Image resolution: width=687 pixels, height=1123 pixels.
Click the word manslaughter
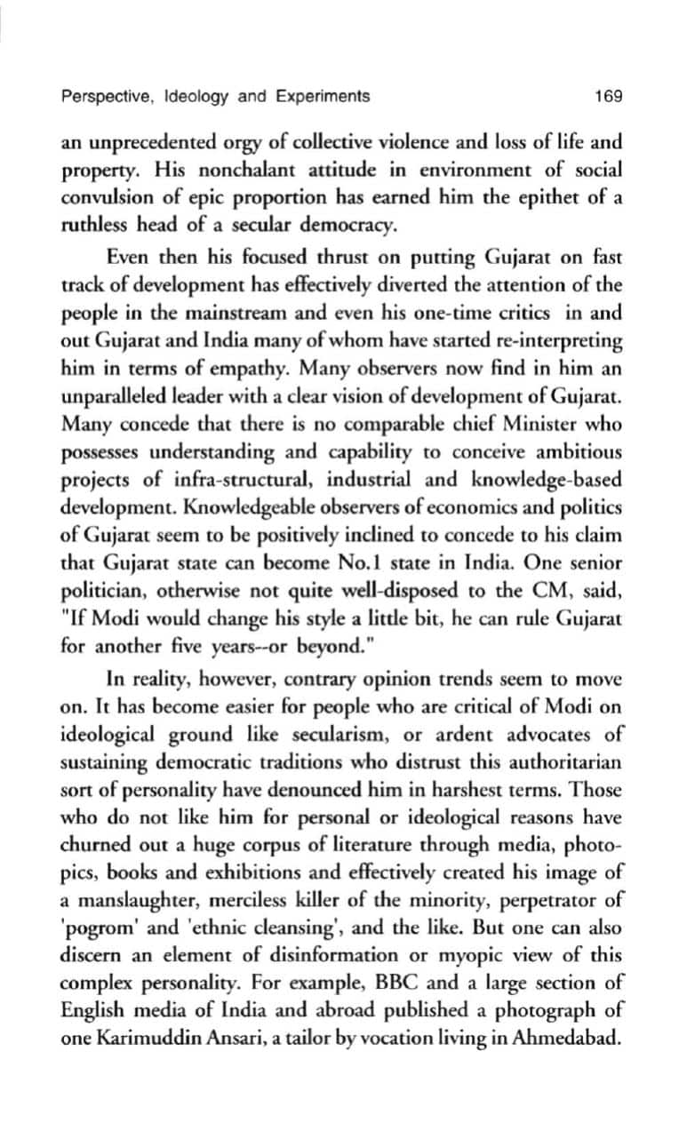135,876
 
